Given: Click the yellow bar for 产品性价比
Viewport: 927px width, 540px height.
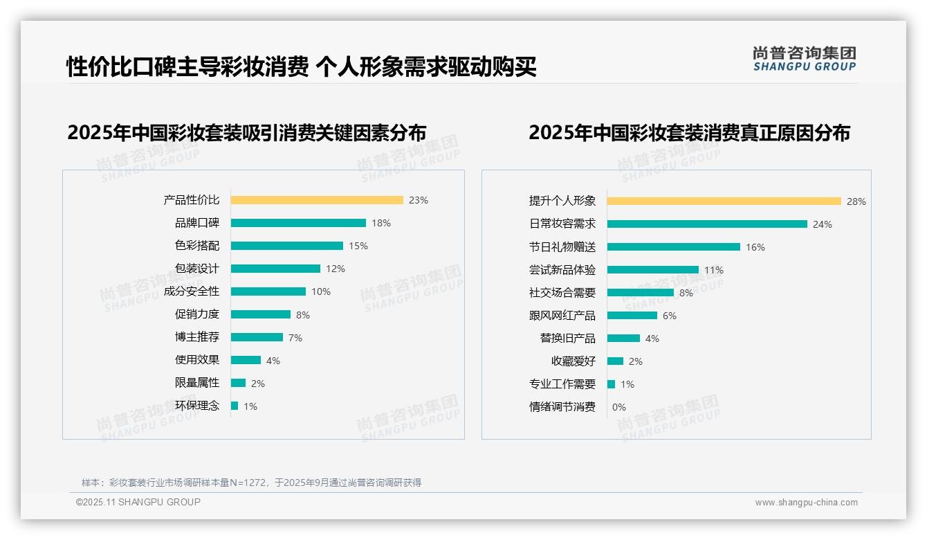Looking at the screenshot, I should pyautogui.click(x=317, y=200).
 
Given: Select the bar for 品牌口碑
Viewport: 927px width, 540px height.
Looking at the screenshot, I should pyautogui.click(x=298, y=223).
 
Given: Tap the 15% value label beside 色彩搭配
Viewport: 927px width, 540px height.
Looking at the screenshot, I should pyautogui.click(x=358, y=246).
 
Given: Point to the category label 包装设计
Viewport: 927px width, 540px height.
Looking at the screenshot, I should pyautogui.click(x=196, y=269).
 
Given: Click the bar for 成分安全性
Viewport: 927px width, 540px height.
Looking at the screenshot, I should pyautogui.click(x=268, y=291).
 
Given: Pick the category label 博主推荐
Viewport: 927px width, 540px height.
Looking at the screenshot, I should pyautogui.click(x=196, y=337).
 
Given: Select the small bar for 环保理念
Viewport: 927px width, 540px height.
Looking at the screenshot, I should pyautogui.click(x=235, y=406).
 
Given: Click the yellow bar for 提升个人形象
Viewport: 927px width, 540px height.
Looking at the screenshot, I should pyautogui.click(x=724, y=201).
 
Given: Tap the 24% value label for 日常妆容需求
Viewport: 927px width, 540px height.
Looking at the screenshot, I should pyautogui.click(x=823, y=224).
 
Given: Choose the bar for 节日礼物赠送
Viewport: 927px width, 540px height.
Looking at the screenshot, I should pyautogui.click(x=674, y=247).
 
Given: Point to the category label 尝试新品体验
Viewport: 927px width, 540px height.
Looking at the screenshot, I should pyautogui.click(x=562, y=270).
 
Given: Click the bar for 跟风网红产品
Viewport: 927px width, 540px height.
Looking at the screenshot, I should pyautogui.click(x=632, y=316).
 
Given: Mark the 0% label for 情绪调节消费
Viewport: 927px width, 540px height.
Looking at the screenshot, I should pyautogui.click(x=618, y=407).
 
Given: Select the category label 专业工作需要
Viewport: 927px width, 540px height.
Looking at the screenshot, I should pyautogui.click(x=562, y=384).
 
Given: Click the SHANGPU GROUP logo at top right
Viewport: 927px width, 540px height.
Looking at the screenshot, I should pyautogui.click(x=804, y=59).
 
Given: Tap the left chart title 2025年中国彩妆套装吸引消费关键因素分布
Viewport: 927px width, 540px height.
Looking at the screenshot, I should pyautogui.click(x=246, y=132).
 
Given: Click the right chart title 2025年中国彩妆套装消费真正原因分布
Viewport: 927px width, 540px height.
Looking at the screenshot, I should pyautogui.click(x=689, y=132).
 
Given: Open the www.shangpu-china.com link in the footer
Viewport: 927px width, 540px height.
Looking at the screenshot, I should pyautogui.click(x=806, y=503).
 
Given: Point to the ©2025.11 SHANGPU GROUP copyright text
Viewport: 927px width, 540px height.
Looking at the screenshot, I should pyautogui.click(x=138, y=502).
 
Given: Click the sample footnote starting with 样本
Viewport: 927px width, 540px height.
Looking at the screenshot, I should pyautogui.click(x=251, y=483).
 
